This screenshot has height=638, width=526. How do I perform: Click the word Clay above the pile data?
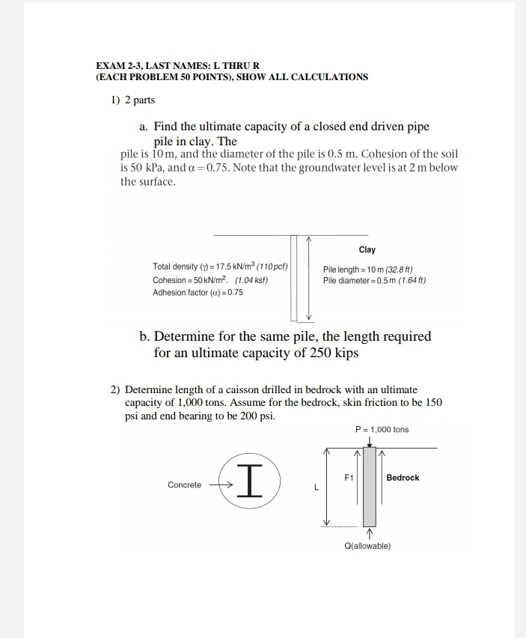coord(367,249)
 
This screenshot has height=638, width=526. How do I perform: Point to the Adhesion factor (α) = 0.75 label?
coord(198,292)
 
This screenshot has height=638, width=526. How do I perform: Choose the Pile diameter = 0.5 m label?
coord(374,280)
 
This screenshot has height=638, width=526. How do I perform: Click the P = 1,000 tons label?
coord(382,429)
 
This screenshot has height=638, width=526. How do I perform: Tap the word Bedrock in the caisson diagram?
coord(403,477)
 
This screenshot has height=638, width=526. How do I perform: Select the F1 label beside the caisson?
coord(348,477)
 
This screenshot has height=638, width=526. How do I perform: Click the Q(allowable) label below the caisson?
coord(367,546)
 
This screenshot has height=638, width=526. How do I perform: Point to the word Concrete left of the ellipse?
coord(184,485)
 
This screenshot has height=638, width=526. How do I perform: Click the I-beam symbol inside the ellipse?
coord(251,480)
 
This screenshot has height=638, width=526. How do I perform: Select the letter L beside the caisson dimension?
coord(316,489)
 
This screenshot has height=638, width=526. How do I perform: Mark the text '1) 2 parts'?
coord(128,100)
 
